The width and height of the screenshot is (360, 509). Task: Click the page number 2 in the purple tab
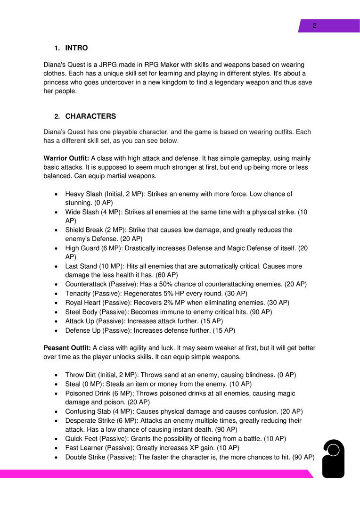[314, 26]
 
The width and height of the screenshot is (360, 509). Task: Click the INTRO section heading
[76, 48]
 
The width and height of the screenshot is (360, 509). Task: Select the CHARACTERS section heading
[90, 116]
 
